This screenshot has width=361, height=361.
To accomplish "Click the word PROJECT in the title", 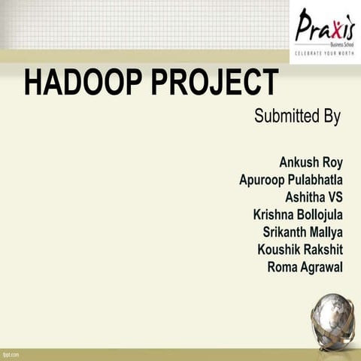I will [x=214, y=82].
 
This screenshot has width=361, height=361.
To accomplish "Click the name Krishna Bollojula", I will [x=298, y=214].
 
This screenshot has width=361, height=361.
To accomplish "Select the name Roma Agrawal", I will [x=305, y=266].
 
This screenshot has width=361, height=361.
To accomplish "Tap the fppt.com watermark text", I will [x=11, y=353].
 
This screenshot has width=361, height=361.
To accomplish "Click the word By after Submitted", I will [x=331, y=117].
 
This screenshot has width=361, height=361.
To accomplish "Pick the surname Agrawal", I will [x=321, y=266].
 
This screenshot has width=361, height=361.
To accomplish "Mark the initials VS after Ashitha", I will [x=332, y=197].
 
